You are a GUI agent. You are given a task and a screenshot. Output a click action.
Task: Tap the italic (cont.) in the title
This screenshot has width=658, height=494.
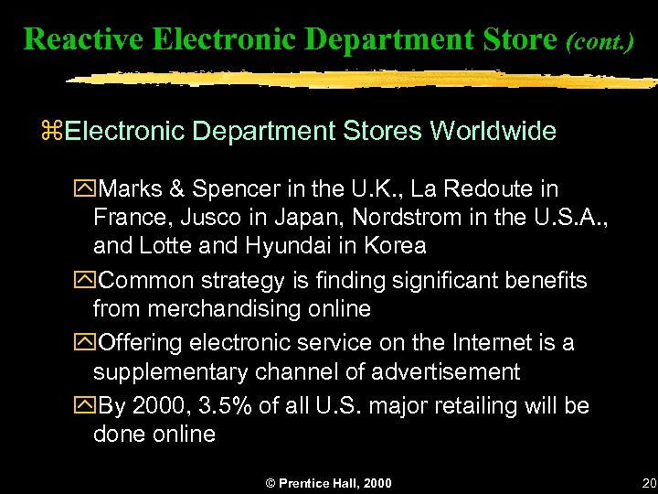click(x=600, y=40)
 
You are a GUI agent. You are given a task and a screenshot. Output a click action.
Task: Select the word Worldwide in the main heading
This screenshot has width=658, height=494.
click(x=493, y=131)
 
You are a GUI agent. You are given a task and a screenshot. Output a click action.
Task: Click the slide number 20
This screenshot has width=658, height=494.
click(x=649, y=481)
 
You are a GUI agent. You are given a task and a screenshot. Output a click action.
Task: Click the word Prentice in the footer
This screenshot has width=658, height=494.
click(x=306, y=482)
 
